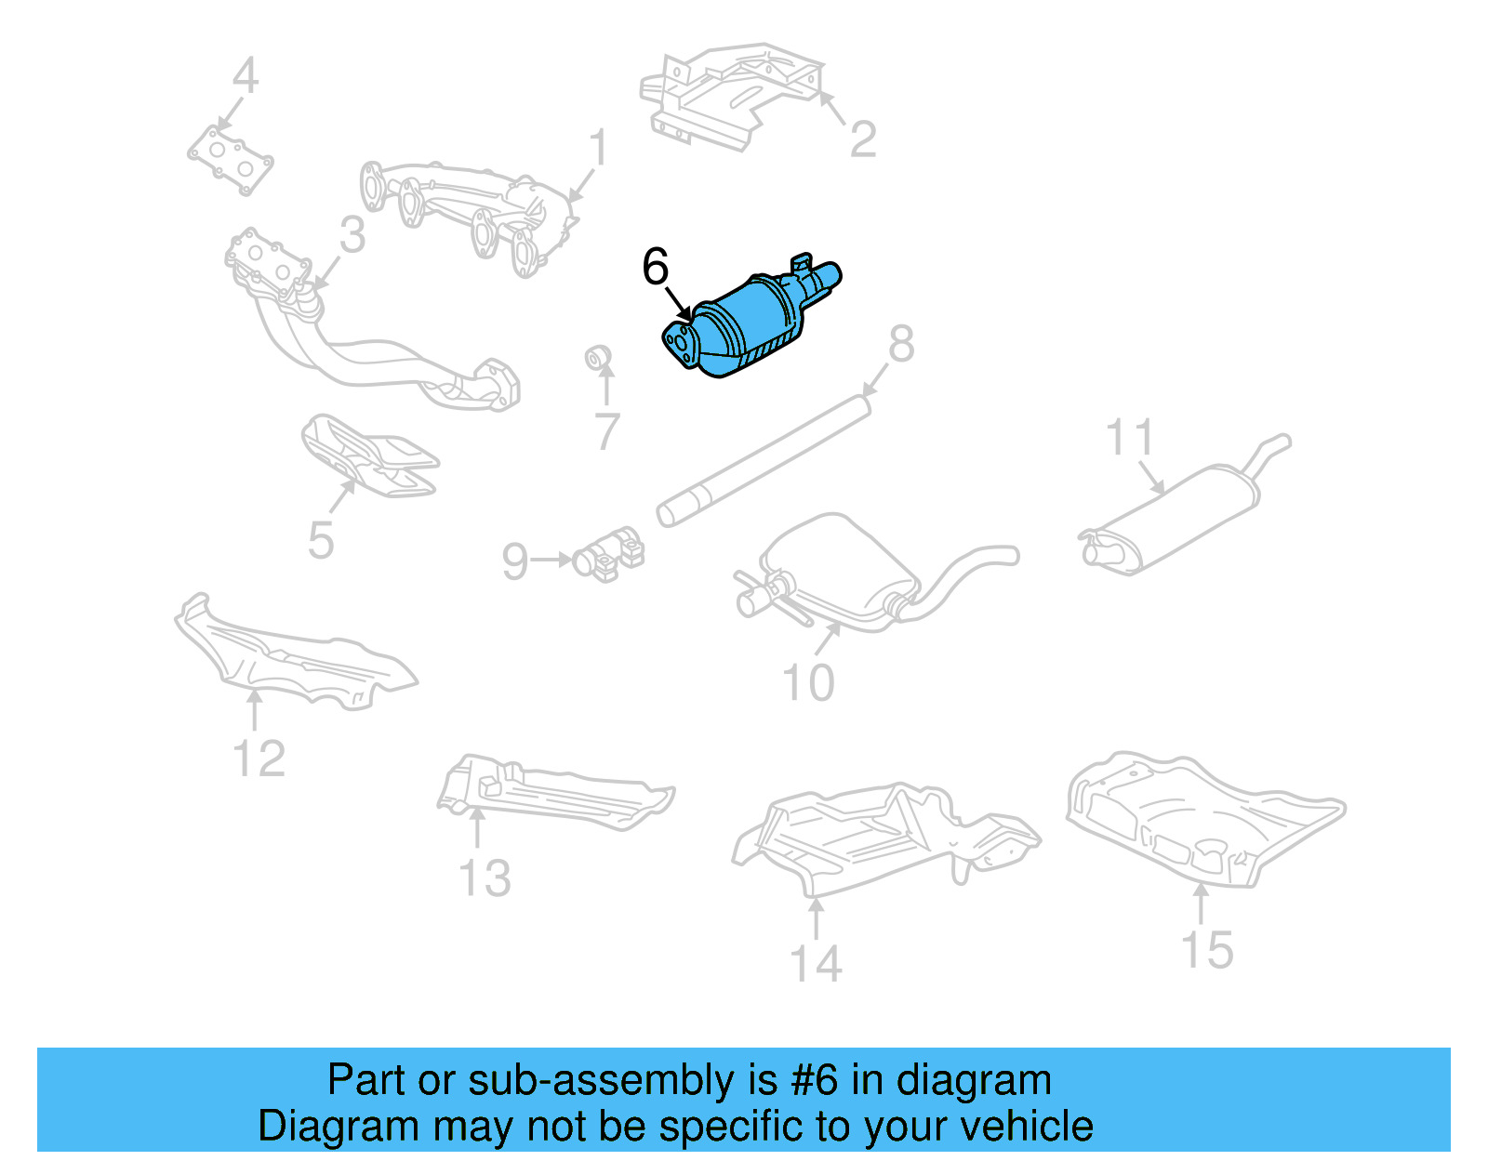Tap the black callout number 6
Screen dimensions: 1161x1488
click(656, 268)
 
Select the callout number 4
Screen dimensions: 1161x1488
click(245, 76)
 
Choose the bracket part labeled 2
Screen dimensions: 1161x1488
click(730, 93)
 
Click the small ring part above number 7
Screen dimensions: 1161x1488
click(598, 357)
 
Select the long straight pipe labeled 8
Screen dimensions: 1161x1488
click(763, 460)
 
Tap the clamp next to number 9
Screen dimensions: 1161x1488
click(609, 555)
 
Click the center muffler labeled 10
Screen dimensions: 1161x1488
click(837, 567)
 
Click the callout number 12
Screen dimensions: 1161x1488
click(259, 759)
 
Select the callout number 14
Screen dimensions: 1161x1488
click(816, 964)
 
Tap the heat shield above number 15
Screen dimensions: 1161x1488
click(1200, 818)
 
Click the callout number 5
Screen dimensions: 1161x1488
click(321, 541)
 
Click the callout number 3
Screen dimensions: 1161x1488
click(352, 235)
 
